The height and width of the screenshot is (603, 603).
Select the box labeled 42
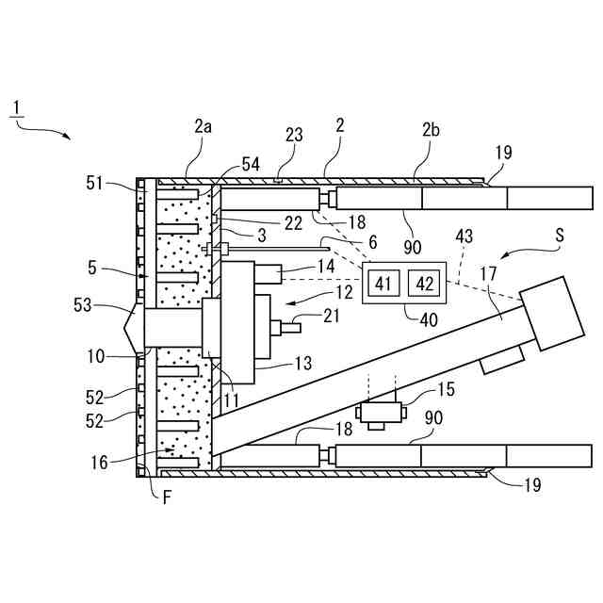(424, 283)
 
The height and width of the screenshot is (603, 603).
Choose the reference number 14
(326, 267)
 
